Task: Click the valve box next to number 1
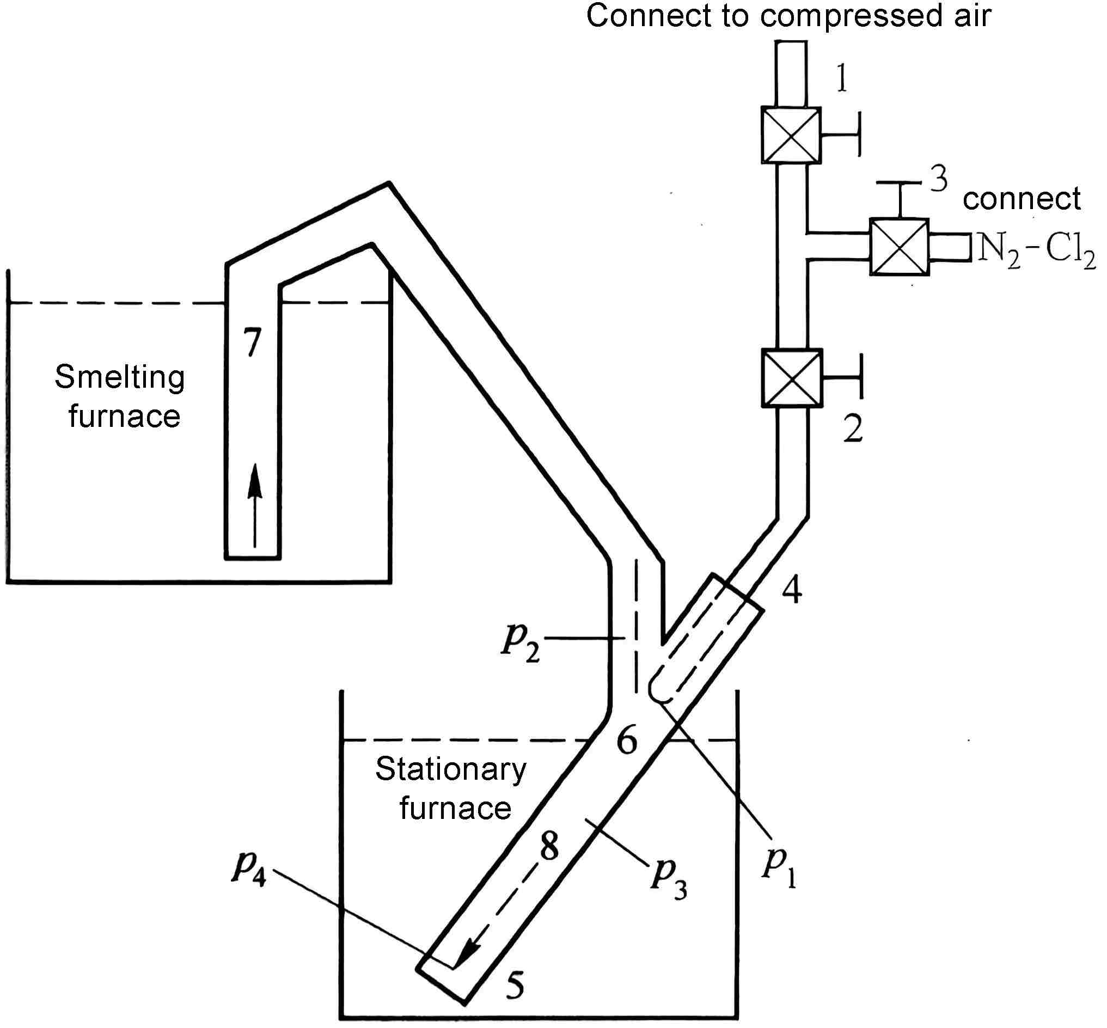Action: [791, 135]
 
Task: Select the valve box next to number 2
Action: [791, 378]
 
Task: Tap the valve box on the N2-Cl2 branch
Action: [899, 247]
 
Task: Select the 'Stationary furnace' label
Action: [452, 788]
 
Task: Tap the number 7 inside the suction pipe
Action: [253, 342]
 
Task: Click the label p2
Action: [521, 642]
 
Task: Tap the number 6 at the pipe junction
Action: [627, 741]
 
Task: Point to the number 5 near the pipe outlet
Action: [515, 985]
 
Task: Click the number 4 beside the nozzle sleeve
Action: [792, 590]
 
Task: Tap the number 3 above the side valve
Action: [939, 179]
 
